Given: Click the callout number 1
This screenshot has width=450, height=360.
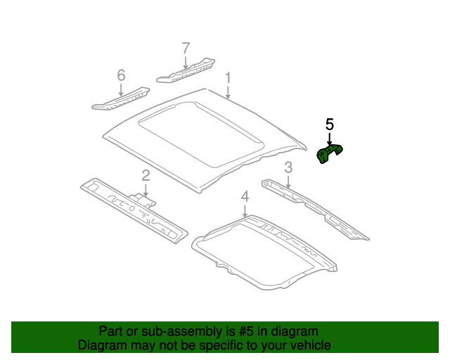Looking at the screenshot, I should [x=227, y=77].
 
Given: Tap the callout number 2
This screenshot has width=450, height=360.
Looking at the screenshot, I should [x=146, y=175].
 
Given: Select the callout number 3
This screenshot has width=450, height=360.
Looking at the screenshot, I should [x=288, y=167].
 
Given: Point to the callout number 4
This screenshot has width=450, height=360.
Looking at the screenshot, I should [x=245, y=195].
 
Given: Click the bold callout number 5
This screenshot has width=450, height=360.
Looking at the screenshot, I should [x=329, y=124].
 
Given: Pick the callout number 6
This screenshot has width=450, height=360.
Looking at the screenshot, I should [x=121, y=75].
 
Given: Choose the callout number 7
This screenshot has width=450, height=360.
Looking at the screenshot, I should [x=186, y=48].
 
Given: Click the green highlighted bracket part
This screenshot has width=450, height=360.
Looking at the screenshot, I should [x=330, y=154].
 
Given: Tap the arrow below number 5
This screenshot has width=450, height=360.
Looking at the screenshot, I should [x=329, y=139].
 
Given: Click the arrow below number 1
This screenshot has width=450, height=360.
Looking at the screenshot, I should [x=228, y=91].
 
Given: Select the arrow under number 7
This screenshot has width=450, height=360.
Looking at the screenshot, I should [x=186, y=62].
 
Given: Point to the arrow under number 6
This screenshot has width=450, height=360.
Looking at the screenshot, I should [x=121, y=89].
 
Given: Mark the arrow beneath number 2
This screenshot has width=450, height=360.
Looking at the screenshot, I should [x=146, y=188].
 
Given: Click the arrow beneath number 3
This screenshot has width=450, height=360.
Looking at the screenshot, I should [x=288, y=181].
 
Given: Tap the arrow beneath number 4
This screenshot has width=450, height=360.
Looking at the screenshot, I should [x=245, y=210].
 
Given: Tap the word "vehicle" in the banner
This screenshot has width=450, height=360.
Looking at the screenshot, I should [x=309, y=345].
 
